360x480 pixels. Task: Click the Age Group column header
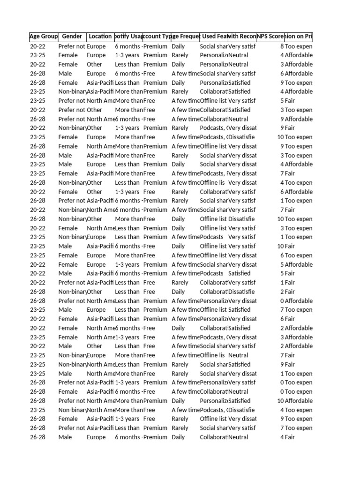coord(44,36)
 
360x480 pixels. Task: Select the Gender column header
coord(72,36)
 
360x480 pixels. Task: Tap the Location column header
coord(100,36)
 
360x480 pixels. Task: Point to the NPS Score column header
coord(270,36)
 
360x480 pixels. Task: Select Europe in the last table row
coord(96,437)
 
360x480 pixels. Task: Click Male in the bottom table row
coord(65,437)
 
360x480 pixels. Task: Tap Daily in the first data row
coord(178,46)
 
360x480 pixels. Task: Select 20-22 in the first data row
coord(38,46)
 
